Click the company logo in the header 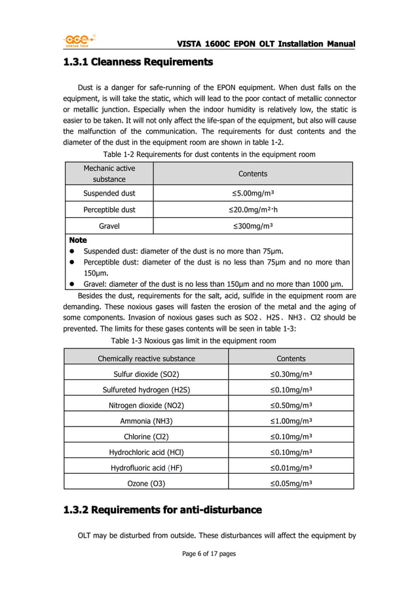pos(79,40)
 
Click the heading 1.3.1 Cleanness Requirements pos(138,63)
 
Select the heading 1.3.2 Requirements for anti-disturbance pos(162,509)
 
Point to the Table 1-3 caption pos(193,341)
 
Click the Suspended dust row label pos(109,193)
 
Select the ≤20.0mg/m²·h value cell pos(253,209)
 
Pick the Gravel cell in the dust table pos(109,226)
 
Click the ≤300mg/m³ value pos(253,226)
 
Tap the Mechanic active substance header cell pos(109,173)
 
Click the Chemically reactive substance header pos(146,358)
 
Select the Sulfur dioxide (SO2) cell pos(146,374)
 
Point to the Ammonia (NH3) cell pos(146,421)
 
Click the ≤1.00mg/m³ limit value pos(291,421)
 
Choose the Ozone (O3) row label pos(146,483)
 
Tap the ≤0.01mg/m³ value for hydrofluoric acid pos(291,467)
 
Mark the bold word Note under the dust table pos(77,240)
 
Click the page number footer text pos(208,554)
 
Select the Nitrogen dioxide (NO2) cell pos(146,405)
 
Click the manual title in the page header pos(266,43)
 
